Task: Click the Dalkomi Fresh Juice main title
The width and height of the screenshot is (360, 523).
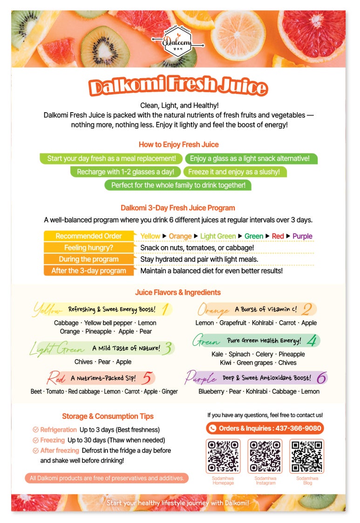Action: pyautogui.click(x=178, y=87)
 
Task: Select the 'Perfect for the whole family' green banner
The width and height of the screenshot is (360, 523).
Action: pyautogui.click(x=178, y=185)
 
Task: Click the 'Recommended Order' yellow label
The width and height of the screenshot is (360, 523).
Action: pyautogui.click(x=88, y=236)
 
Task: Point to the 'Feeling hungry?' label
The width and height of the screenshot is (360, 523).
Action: pyautogui.click(x=88, y=248)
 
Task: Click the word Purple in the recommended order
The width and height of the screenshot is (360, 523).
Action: pyautogui.click(x=302, y=236)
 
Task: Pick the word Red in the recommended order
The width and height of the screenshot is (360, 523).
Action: pyautogui.click(x=278, y=236)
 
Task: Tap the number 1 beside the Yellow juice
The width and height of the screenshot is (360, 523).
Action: pyautogui.click(x=165, y=309)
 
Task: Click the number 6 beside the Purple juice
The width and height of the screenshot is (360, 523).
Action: pyautogui.click(x=321, y=378)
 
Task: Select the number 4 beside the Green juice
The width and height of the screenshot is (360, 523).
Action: pyautogui.click(x=312, y=341)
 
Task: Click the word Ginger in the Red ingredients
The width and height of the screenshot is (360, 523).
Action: pyautogui.click(x=170, y=392)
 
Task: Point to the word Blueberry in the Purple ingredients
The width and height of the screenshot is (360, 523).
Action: pyautogui.click(x=211, y=392)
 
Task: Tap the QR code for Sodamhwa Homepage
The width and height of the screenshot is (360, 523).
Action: pyautogui.click(x=223, y=456)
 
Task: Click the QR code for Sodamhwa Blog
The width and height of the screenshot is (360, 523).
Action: pyautogui.click(x=307, y=456)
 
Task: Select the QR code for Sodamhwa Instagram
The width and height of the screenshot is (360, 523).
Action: pyautogui.click(x=265, y=456)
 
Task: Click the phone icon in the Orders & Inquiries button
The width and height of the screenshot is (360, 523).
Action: pyautogui.click(x=213, y=428)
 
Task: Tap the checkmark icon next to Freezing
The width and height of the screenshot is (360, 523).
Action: pyautogui.click(x=35, y=440)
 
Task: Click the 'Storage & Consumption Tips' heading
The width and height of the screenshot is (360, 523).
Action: pyautogui.click(x=108, y=416)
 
